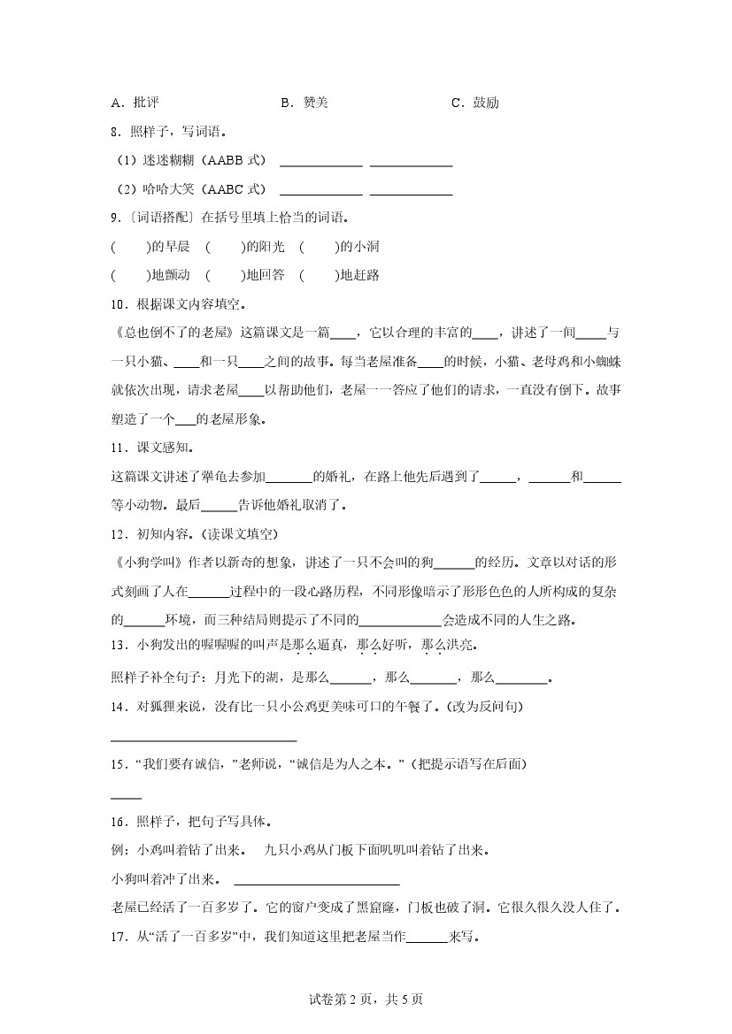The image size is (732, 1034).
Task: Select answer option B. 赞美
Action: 304,103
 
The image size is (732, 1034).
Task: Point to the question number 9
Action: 115,218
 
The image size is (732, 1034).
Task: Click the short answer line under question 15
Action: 127,797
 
